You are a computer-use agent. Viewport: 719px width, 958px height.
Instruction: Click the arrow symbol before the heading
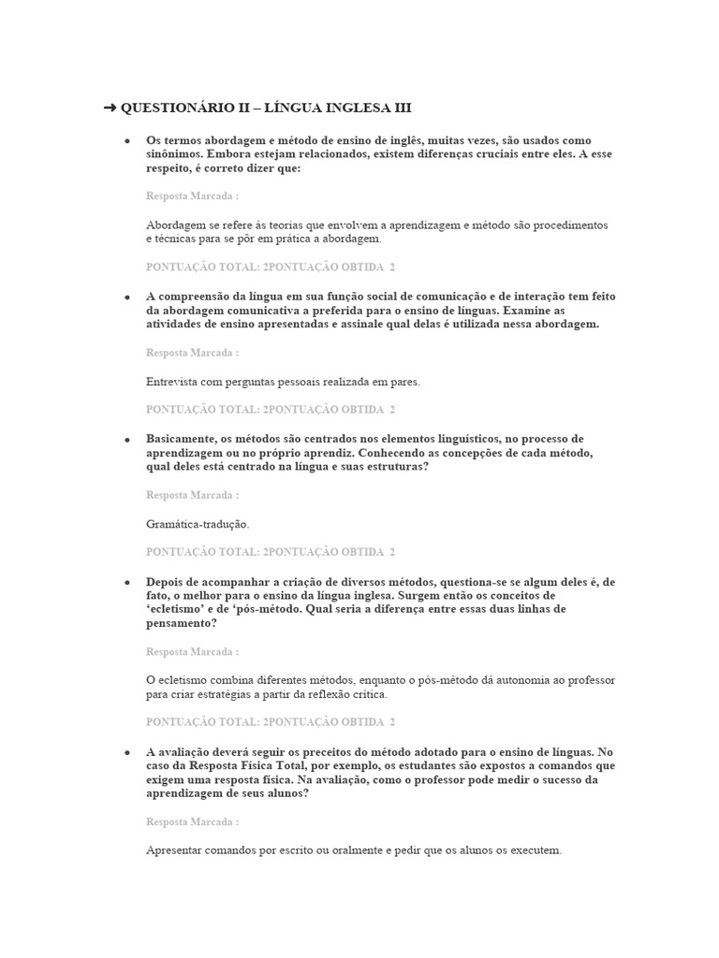[x=110, y=109]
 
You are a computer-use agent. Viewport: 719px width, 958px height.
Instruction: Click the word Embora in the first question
[x=230, y=153]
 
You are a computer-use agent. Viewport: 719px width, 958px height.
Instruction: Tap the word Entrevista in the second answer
[x=174, y=383]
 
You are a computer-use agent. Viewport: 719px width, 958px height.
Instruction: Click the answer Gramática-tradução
[x=198, y=525]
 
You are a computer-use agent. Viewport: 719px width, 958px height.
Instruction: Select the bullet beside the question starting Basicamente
[x=127, y=439]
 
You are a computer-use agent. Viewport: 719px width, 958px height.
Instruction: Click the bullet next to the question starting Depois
[x=127, y=582]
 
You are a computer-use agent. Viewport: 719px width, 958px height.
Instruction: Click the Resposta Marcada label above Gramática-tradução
[x=192, y=495]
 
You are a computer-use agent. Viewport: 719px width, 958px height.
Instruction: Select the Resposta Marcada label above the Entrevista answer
[x=192, y=353]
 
